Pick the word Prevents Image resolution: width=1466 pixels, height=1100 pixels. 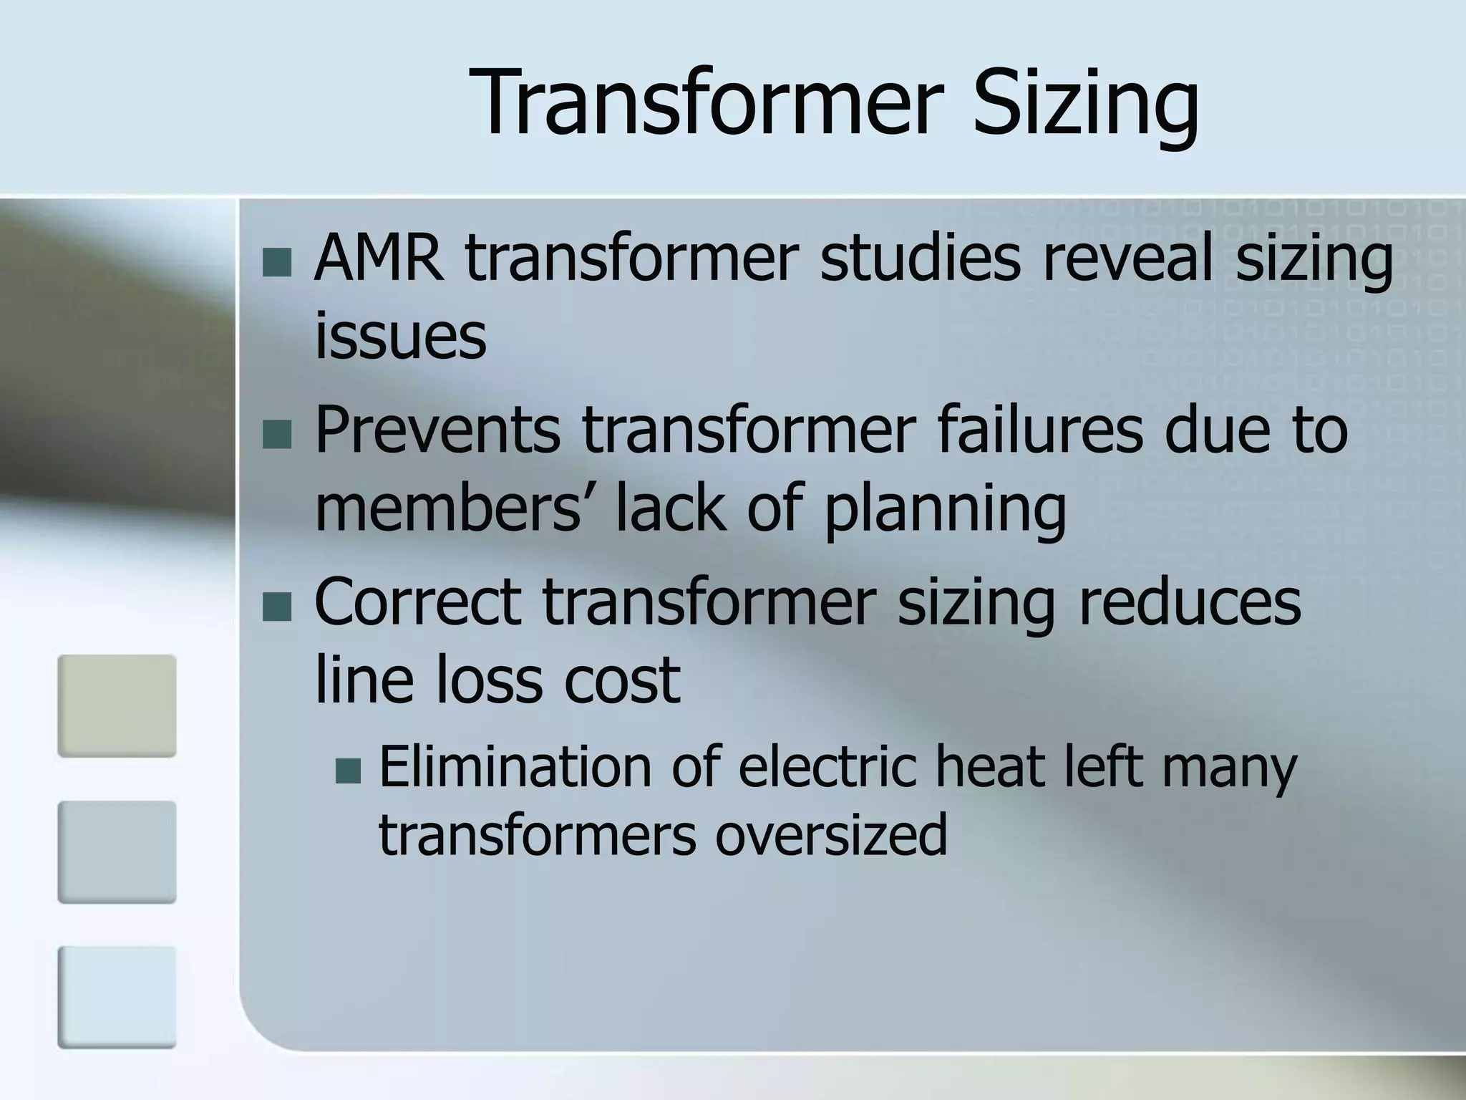[x=437, y=430]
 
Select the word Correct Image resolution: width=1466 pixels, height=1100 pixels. [x=417, y=602]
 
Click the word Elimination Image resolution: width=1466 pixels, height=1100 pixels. [x=513, y=767]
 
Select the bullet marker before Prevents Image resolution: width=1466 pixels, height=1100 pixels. [x=277, y=435]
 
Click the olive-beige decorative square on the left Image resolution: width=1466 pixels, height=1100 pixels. [x=117, y=705]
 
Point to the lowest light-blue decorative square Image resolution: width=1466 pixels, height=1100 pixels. [x=117, y=997]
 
